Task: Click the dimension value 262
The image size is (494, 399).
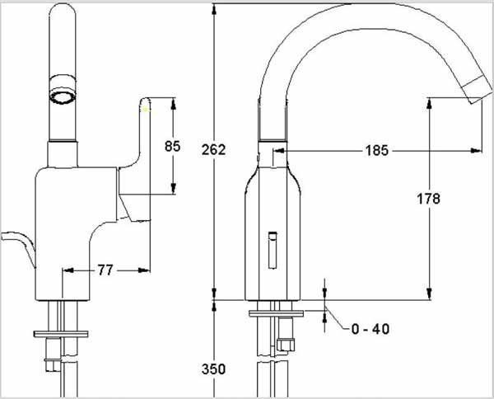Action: [213, 149]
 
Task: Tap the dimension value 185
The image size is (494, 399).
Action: [377, 151]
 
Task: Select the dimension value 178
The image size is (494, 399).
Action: [428, 199]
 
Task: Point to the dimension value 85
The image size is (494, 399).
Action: [173, 146]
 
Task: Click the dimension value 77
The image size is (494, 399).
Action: [105, 270]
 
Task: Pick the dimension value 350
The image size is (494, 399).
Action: [213, 369]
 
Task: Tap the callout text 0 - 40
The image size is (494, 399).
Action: [370, 329]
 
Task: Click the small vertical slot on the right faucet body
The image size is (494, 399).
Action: [273, 251]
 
